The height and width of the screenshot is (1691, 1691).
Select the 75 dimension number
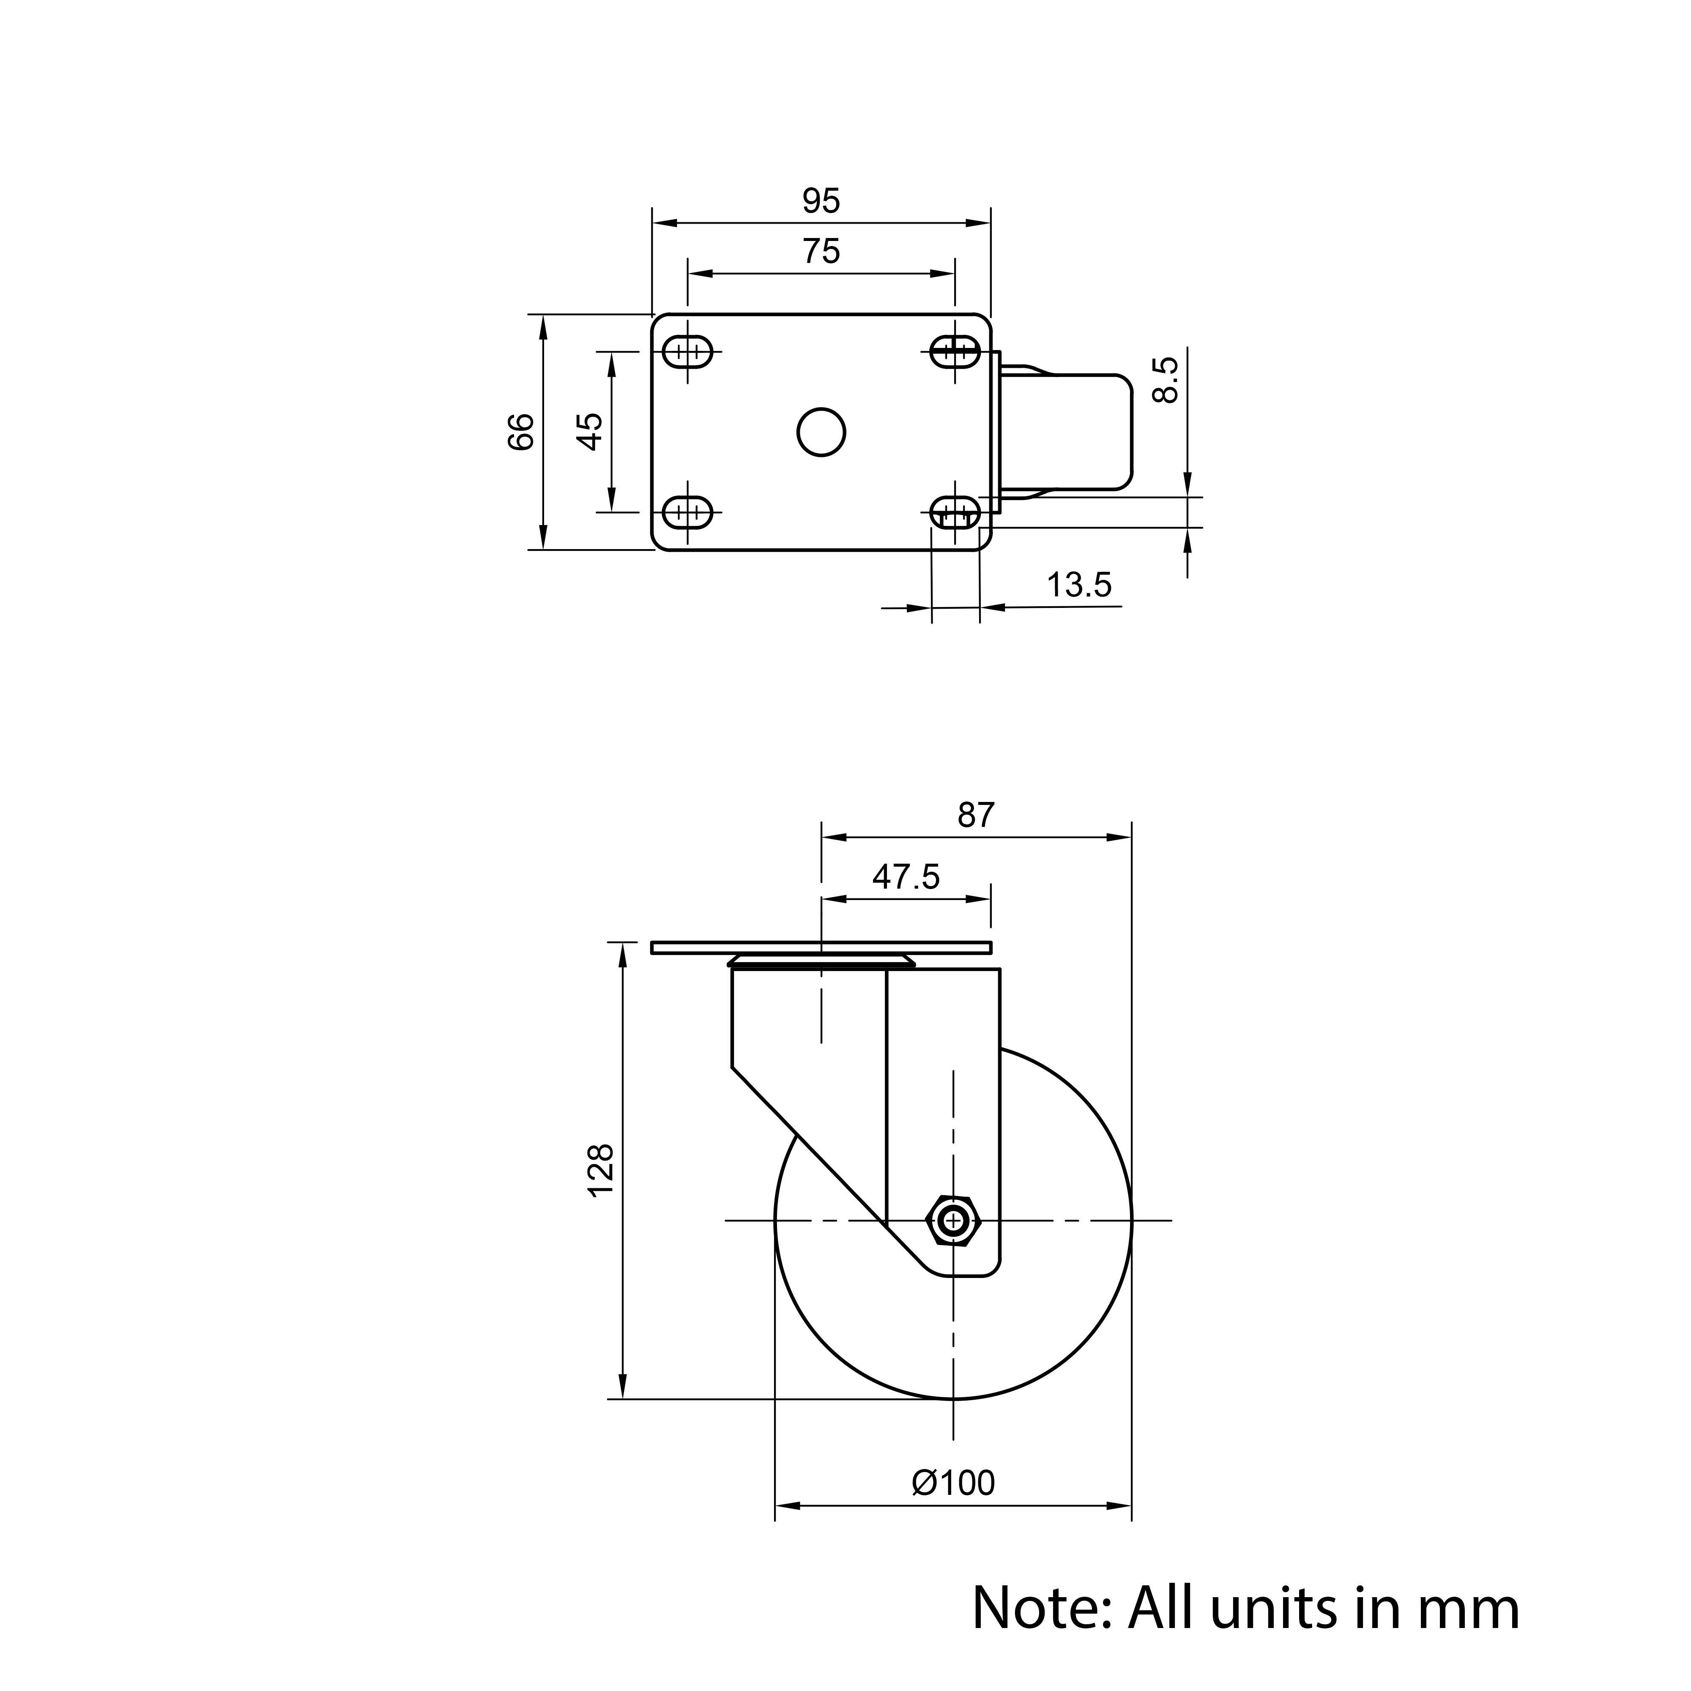point(821,252)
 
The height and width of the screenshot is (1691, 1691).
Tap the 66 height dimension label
point(521,432)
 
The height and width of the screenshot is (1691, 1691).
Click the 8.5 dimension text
point(1167,379)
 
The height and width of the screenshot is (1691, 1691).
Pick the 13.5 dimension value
point(1079,586)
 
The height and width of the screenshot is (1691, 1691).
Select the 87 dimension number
point(976,816)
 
